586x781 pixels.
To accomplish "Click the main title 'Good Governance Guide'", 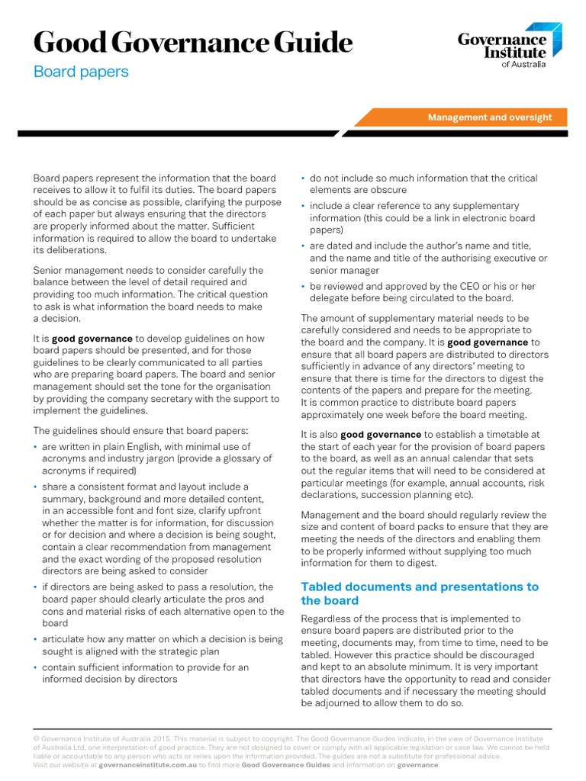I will coord(192,42).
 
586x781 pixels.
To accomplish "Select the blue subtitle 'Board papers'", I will coord(81,72).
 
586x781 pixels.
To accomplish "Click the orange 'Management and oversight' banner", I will coord(489,117).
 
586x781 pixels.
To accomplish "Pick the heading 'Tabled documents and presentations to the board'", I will coord(420,593).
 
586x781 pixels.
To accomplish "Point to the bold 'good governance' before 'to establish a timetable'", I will coord(381,435).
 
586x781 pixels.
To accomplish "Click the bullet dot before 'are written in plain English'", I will coord(36,447).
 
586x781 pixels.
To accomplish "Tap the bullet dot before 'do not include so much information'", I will coord(304,178).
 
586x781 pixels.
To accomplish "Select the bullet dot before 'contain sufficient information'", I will coord(36,668).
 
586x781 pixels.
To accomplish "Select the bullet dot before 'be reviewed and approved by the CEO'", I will coord(304,287).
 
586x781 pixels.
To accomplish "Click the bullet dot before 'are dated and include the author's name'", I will coord(304,246).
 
